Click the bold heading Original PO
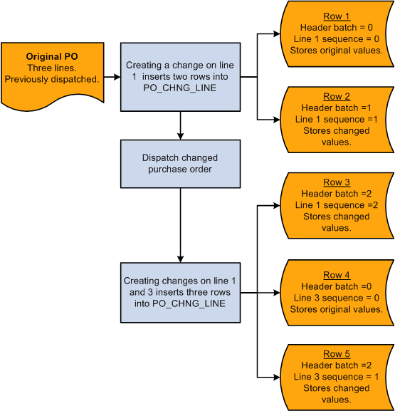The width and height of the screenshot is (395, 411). click(x=52, y=56)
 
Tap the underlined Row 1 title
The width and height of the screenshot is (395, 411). click(x=337, y=17)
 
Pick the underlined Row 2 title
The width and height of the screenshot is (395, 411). click(x=337, y=97)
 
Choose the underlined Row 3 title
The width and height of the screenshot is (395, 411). click(x=337, y=183)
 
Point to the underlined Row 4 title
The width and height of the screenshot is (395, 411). click(x=337, y=275)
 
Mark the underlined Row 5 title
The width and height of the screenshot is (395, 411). click(x=337, y=354)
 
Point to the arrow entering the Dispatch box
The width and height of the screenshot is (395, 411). click(x=182, y=135)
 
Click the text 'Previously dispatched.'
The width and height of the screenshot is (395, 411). click(x=52, y=79)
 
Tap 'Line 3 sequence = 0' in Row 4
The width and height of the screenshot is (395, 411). click(x=337, y=298)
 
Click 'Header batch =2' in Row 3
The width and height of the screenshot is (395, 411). click(x=337, y=194)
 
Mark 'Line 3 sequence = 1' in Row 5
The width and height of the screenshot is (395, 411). click(x=337, y=377)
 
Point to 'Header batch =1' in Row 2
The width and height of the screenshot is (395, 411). click(x=337, y=108)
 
